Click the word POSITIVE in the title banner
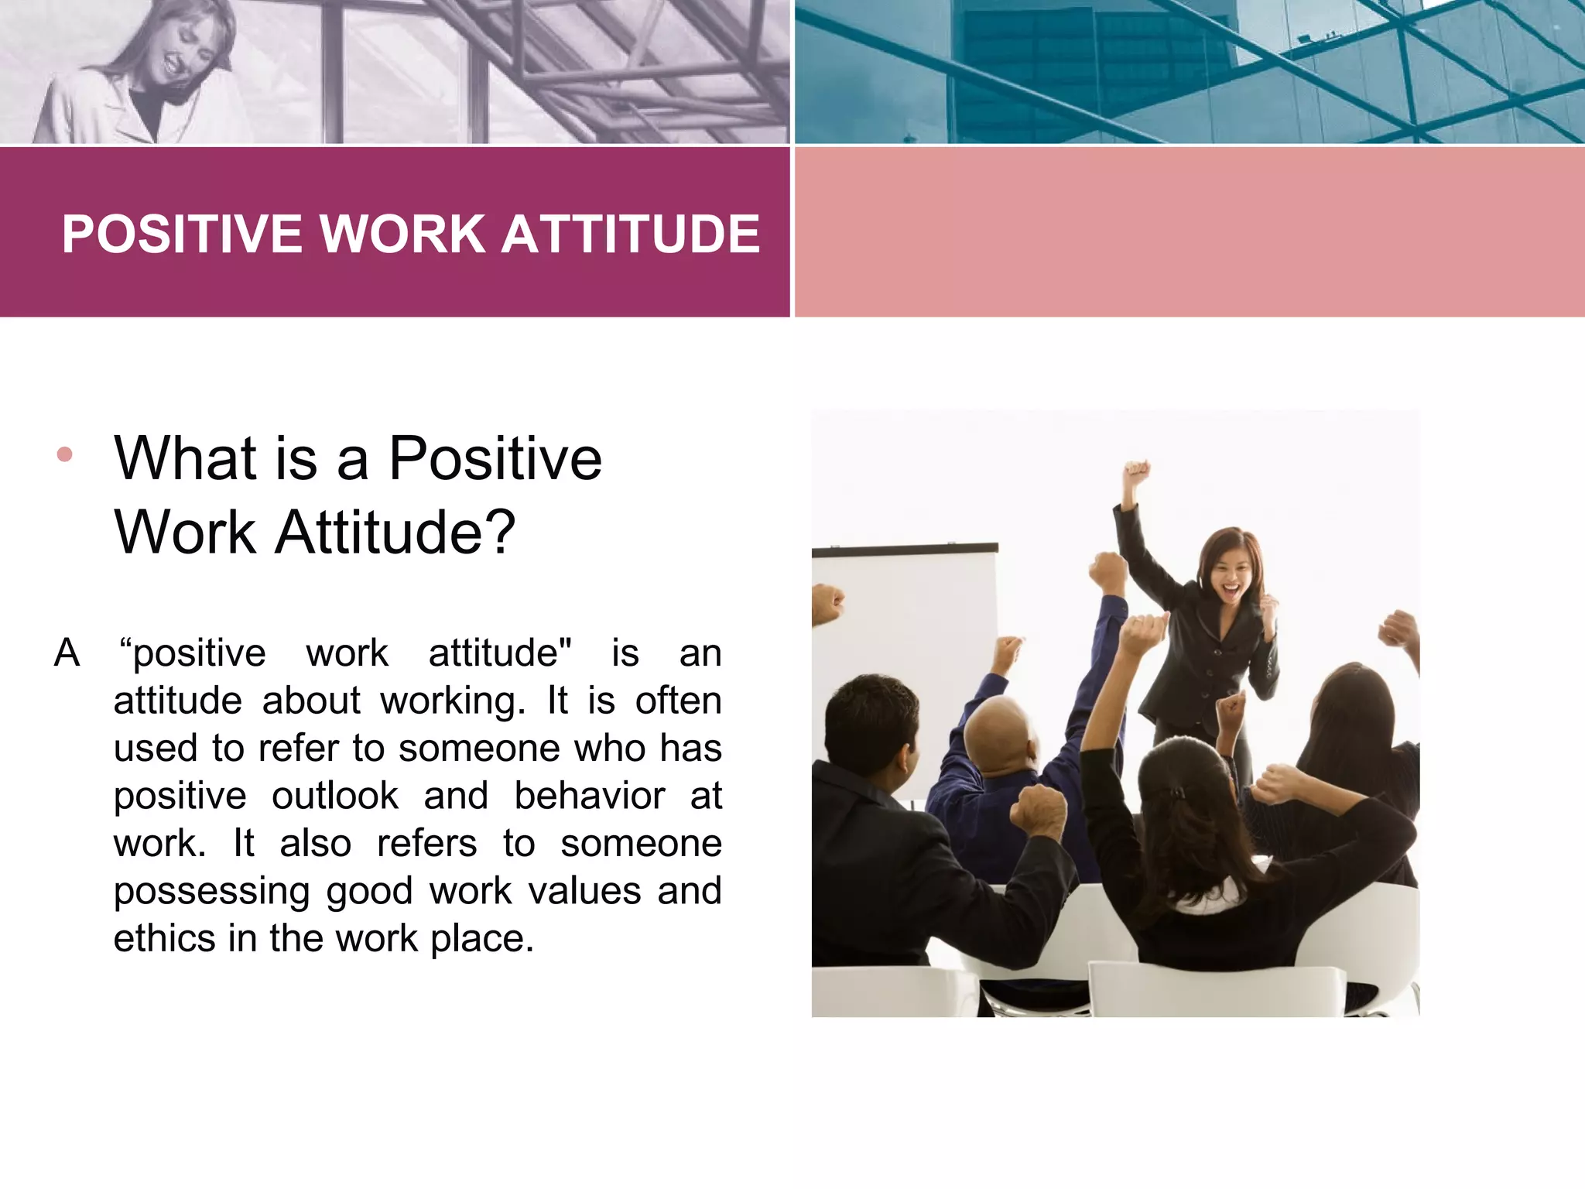182,234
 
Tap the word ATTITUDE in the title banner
631,234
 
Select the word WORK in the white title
402,234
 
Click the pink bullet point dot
65,454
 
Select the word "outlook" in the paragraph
335,797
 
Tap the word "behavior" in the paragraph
590,797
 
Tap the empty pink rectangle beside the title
1190,232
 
